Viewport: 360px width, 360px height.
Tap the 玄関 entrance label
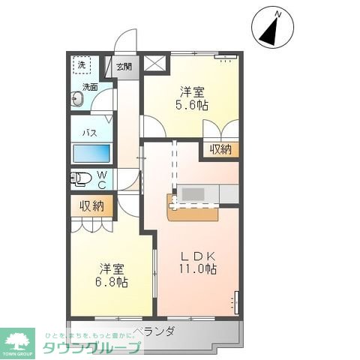coord(124,67)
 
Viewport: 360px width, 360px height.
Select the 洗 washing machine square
coord(82,65)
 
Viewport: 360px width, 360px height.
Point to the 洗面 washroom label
coord(90,87)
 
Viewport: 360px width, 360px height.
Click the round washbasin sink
coord(77,97)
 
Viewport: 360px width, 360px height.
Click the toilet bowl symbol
coord(78,179)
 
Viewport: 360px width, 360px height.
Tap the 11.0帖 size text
coord(197,268)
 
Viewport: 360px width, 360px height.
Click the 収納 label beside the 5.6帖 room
coord(219,149)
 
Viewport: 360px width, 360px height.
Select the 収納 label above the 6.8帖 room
coord(92,205)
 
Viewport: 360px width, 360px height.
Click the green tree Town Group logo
coord(19,342)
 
